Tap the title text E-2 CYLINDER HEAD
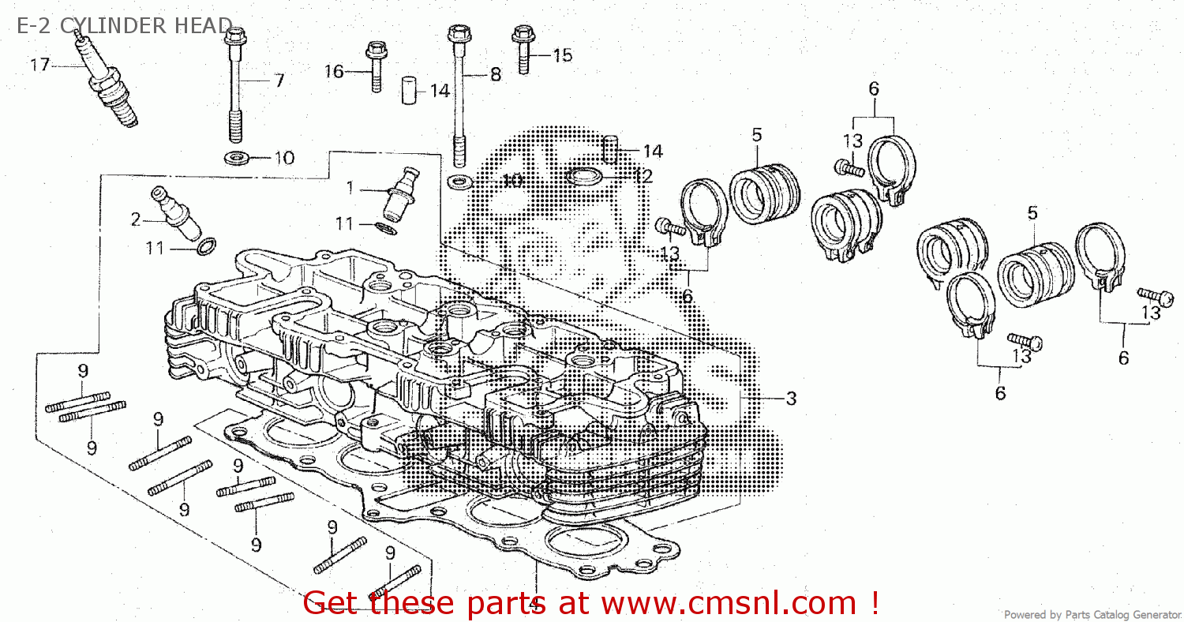(x=125, y=25)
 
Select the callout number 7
(x=279, y=81)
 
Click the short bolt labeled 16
(x=376, y=66)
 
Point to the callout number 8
(x=495, y=74)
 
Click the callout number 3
(x=791, y=398)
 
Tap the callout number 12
(x=643, y=176)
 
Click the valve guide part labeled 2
(x=175, y=214)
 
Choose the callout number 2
(x=136, y=219)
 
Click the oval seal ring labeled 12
(x=584, y=176)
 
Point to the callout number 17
(x=39, y=65)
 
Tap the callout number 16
(x=334, y=71)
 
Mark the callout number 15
(x=562, y=55)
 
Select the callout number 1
(x=350, y=188)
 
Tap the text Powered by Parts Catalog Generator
(x=1092, y=615)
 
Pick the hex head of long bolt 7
(x=235, y=36)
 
